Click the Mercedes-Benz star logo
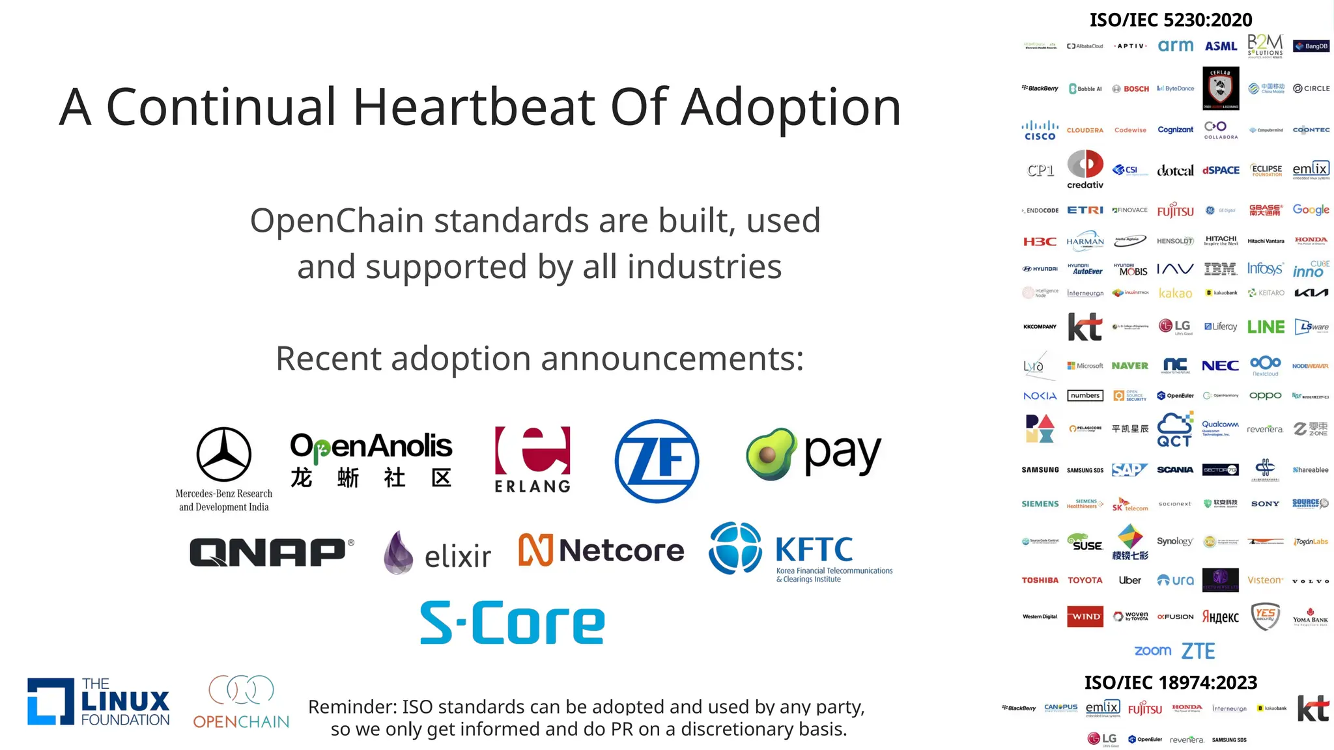point(224,454)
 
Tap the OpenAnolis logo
point(371,460)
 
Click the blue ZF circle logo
point(657,461)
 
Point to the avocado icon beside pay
point(771,454)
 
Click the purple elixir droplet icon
point(398,553)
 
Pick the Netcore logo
point(601,551)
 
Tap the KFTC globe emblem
point(735,548)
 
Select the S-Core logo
point(513,623)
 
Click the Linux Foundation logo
point(98,702)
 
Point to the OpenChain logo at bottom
point(241,702)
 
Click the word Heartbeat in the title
point(474,107)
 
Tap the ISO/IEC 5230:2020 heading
point(1171,20)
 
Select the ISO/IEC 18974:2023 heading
point(1171,682)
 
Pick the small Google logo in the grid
point(1311,210)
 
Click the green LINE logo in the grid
point(1266,327)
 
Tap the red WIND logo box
point(1085,617)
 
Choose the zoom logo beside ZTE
point(1152,650)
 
